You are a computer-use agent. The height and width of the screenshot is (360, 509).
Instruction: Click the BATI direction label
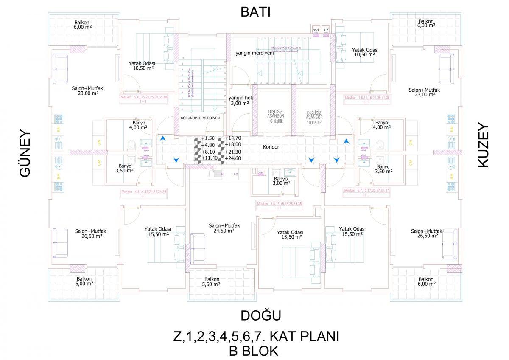pyautogui.click(x=255, y=12)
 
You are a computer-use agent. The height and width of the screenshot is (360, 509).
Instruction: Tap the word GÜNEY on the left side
pyautogui.click(x=26, y=152)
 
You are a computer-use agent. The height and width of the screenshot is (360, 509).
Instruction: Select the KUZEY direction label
pyautogui.click(x=484, y=146)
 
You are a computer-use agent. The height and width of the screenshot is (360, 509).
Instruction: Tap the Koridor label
pyautogui.click(x=271, y=147)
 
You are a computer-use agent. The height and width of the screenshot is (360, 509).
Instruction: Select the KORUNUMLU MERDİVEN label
pyautogui.click(x=200, y=118)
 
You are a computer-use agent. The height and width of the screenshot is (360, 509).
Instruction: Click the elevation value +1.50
pyautogui.click(x=208, y=138)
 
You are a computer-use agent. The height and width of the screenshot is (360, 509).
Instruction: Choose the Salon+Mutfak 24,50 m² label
pyautogui.click(x=224, y=228)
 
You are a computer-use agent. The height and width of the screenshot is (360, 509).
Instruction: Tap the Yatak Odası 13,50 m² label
pyautogui.click(x=290, y=235)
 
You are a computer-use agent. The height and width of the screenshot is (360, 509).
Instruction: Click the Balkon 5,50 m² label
pyautogui.click(x=211, y=282)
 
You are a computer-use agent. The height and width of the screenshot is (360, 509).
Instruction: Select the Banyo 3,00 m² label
pyautogui.click(x=281, y=181)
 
